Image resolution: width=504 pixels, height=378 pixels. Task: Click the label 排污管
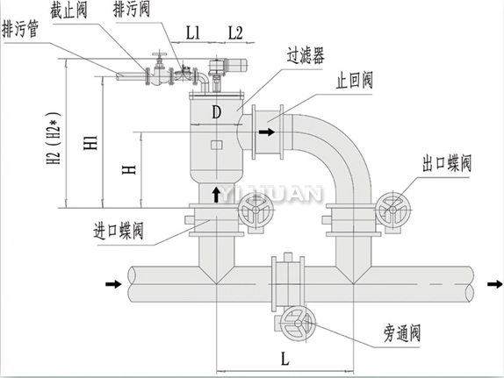pos(20,29)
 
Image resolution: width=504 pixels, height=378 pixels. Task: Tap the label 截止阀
pos(68,11)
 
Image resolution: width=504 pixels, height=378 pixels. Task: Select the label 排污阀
pos(132,9)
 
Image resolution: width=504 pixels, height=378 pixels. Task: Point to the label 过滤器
pos(306,55)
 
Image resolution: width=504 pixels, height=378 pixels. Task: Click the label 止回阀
pos(355,81)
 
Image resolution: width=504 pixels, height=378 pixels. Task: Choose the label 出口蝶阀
pos(447,163)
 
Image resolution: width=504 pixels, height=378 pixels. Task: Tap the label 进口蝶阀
pos(119,231)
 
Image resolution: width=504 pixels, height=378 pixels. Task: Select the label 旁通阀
pos(402,333)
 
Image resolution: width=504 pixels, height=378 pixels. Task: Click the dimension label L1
pos(193,32)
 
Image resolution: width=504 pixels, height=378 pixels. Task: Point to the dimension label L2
pos(235,32)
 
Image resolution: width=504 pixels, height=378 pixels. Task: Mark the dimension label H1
pos(90,143)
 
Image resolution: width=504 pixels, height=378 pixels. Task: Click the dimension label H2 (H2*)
pos(54,138)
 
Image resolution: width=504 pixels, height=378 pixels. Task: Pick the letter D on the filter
pos(217,112)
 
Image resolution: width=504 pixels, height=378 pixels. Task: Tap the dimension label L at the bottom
pos(284,359)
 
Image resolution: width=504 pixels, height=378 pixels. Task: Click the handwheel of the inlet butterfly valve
pos(256,210)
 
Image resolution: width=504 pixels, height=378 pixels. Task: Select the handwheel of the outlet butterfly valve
pos(392,210)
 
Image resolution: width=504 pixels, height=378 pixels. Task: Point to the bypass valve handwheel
pos(298,324)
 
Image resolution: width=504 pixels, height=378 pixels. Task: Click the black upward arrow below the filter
pos(216,195)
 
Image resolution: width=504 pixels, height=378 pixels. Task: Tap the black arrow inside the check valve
pos(267,132)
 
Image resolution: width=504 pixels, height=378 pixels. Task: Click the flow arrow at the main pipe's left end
pos(113,284)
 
